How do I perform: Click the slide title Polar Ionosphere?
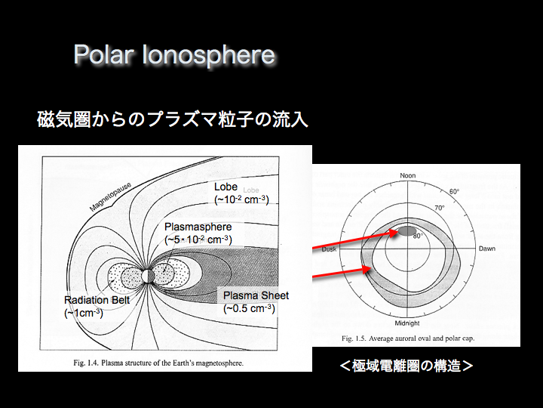coord(174,55)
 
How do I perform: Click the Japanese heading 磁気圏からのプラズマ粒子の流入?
coord(173,119)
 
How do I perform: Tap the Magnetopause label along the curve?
coord(110,196)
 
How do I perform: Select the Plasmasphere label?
coord(198,227)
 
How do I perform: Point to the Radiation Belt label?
coord(97,300)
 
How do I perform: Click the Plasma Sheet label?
coord(256,295)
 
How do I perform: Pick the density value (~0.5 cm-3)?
coord(249,308)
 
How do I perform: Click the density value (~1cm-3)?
coord(84,313)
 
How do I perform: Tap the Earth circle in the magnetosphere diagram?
coord(148,276)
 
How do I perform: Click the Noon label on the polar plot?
coord(407,175)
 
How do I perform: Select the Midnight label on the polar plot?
coord(407,323)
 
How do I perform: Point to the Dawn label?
coord(487,249)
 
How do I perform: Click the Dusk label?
coord(329,249)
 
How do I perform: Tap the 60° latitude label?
coord(454,191)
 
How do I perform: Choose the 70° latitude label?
coord(440,208)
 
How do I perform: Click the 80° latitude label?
coord(418,236)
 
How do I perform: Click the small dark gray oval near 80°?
coord(407,230)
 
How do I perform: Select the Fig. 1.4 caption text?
coord(158,363)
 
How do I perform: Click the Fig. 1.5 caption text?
coord(408,338)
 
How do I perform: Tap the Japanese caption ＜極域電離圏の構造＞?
coord(406,366)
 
